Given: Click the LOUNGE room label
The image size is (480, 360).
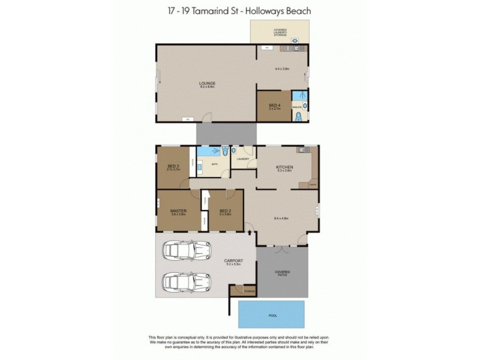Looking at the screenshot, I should tap(208, 83).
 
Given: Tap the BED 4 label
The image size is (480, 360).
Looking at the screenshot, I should tap(275, 106).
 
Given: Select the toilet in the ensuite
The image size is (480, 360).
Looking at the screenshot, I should tap(298, 116).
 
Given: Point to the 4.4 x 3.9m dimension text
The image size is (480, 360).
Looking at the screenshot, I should tap(282, 69).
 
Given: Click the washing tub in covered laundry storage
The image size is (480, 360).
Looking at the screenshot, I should tap(295, 41).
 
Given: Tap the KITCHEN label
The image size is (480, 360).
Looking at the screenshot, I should tap(283, 167).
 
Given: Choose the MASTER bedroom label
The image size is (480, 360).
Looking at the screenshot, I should tap(178, 211).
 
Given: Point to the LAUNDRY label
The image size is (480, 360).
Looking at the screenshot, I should tap(242, 159).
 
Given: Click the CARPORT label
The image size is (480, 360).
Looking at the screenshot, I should tap(233, 261).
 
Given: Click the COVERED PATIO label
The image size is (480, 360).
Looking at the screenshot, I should tap(282, 273).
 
